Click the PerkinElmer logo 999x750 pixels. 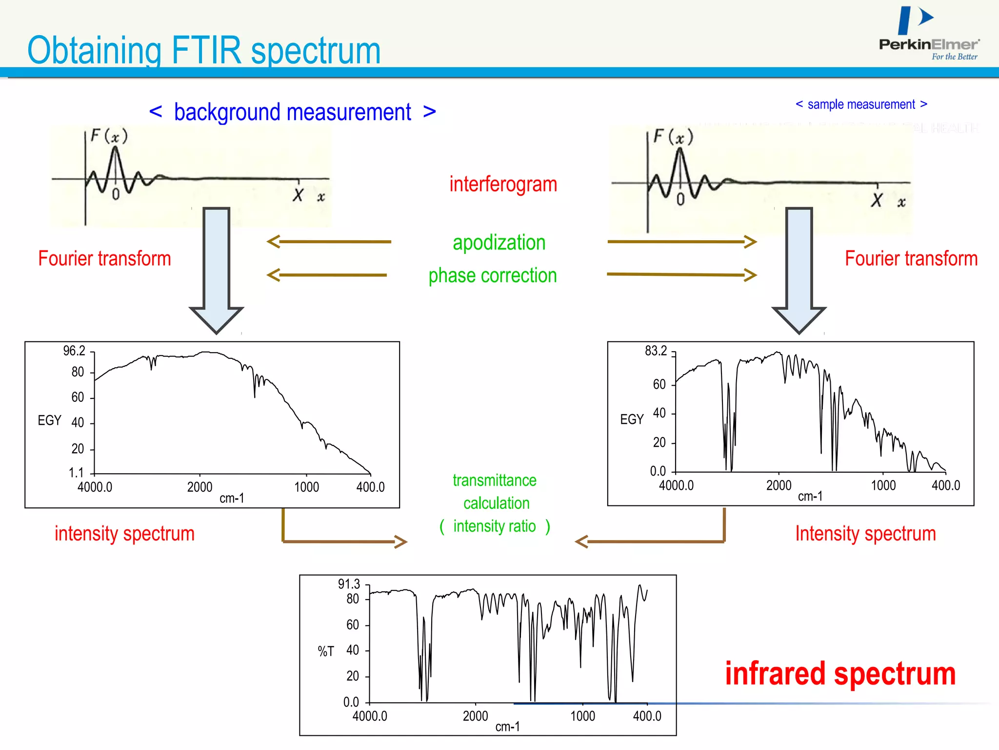(x=928, y=34)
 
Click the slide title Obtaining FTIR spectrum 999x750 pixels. (x=204, y=50)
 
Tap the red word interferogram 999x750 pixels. (x=503, y=185)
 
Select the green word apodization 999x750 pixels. (x=499, y=243)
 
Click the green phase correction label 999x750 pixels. (x=492, y=275)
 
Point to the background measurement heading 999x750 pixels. (x=292, y=112)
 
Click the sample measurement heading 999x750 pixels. (x=861, y=104)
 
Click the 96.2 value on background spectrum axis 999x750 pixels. (x=74, y=351)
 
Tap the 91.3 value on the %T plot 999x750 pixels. (x=349, y=584)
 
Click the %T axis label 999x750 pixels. (x=326, y=651)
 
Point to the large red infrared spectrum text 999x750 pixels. (x=840, y=674)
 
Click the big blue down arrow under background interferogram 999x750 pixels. (x=216, y=269)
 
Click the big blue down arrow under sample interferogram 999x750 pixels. (x=799, y=269)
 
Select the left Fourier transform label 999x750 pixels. (x=104, y=259)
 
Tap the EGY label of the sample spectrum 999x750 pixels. (x=632, y=419)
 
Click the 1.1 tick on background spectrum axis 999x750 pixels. (x=76, y=473)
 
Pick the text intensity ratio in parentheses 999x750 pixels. (x=494, y=526)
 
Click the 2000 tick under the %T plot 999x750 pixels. (x=475, y=716)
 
